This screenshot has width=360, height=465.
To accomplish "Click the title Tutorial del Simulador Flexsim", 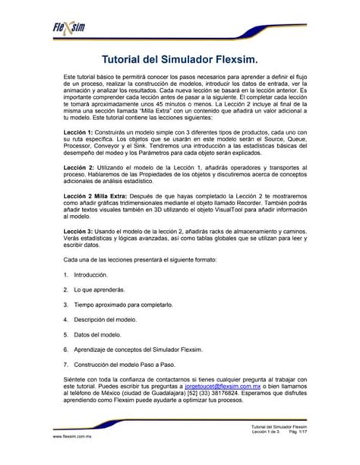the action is click(180, 59).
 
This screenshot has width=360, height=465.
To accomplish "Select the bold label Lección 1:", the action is click(78, 131).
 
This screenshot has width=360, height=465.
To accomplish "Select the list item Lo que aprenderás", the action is click(99, 289).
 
